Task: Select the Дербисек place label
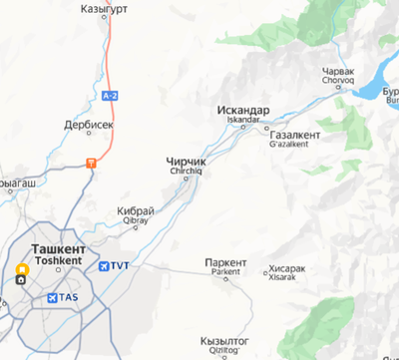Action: (89, 127)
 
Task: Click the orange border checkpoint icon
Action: (91, 161)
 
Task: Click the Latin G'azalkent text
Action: (289, 144)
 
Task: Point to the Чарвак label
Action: (339, 72)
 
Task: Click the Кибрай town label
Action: (136, 211)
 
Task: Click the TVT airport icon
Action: (106, 265)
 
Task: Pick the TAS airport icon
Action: (53, 297)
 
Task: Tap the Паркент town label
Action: (225, 261)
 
